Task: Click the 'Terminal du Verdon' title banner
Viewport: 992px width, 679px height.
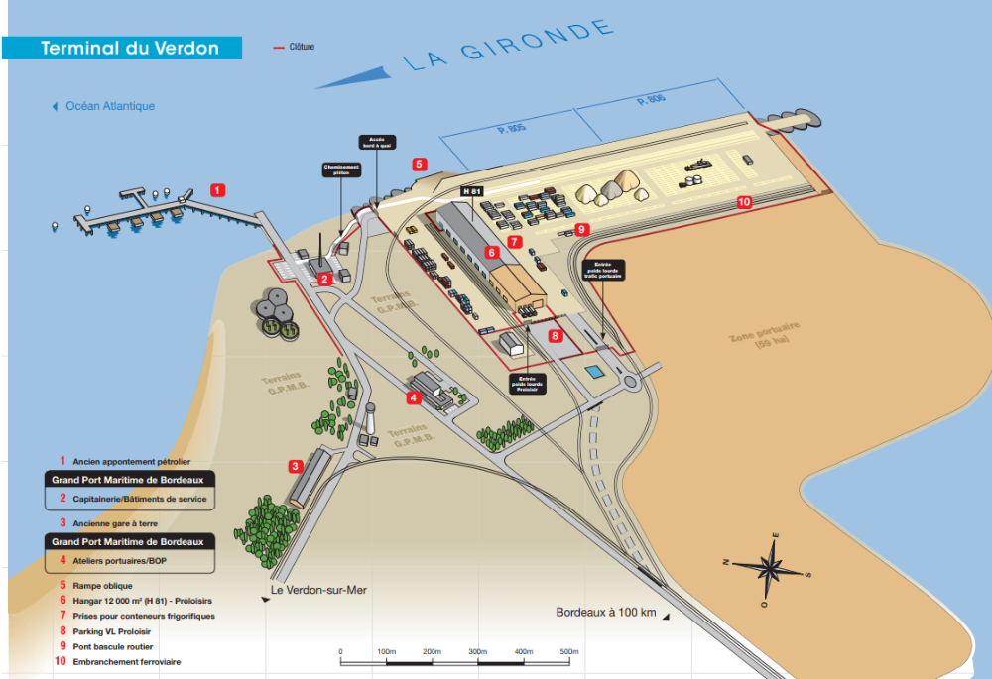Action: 129,49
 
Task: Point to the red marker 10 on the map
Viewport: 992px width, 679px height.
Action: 744,201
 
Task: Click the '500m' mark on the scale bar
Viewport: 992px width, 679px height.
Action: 568,651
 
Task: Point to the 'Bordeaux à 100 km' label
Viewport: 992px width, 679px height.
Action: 606,613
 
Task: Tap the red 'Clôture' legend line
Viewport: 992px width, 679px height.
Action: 279,47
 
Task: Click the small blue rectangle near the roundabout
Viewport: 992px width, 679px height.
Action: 594,373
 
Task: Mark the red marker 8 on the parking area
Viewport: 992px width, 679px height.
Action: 556,336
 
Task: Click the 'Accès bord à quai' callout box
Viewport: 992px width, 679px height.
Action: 376,142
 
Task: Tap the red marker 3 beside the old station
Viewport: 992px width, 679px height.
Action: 295,465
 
